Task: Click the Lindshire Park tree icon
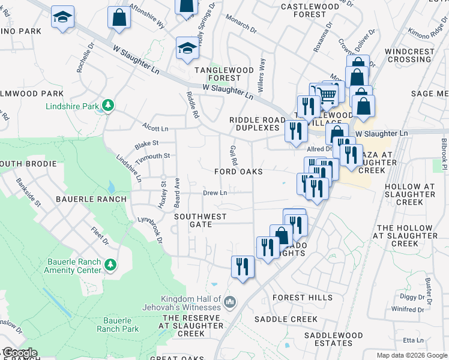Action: point(108,106)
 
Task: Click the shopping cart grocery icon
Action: point(326,94)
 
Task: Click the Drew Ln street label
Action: point(215,193)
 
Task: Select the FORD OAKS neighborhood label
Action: point(239,172)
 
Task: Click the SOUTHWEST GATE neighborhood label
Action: point(200,220)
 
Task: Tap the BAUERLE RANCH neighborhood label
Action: point(91,199)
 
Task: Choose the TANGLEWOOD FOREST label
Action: point(224,74)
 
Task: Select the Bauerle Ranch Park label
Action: point(118,325)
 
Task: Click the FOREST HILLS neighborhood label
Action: point(302,298)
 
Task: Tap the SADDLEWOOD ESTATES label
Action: point(333,339)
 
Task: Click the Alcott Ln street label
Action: point(155,128)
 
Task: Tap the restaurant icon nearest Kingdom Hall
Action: point(243,266)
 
